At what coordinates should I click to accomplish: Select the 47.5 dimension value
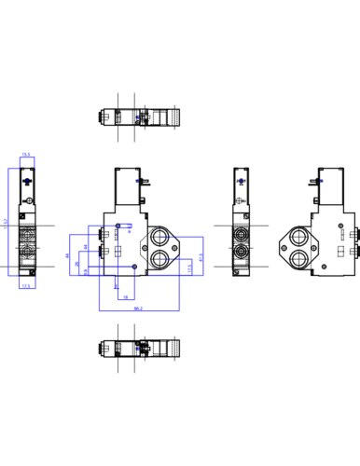(201, 256)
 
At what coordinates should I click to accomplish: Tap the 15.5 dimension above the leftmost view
(26, 155)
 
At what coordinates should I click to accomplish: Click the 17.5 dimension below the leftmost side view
(26, 287)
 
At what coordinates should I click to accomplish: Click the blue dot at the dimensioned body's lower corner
(136, 268)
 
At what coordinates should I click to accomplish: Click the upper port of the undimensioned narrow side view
(244, 236)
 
